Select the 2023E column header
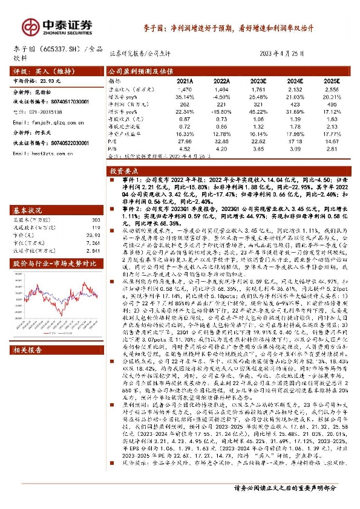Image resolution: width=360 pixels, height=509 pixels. pyautogui.click(x=258, y=79)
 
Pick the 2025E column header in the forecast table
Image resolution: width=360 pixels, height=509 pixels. pyautogui.click(x=332, y=79)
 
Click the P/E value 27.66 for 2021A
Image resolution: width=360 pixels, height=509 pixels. pyautogui.click(x=185, y=139)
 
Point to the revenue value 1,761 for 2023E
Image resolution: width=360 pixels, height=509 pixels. pyautogui.click(x=258, y=88)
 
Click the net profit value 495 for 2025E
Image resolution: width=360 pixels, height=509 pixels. pyautogui.click(x=332, y=103)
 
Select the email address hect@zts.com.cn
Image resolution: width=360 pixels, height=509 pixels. pyautogui.click(x=42, y=154)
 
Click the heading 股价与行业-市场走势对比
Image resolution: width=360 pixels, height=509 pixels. pyautogui.click(x=55, y=264)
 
